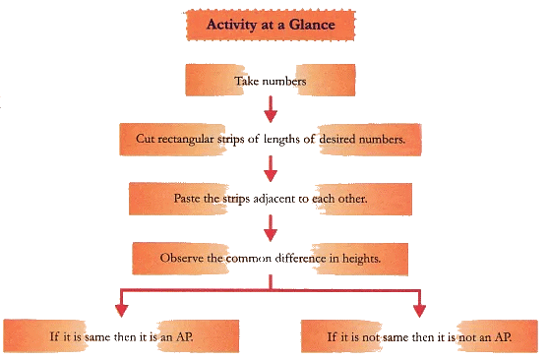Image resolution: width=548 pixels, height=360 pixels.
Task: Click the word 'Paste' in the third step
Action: pyautogui.click(x=192, y=198)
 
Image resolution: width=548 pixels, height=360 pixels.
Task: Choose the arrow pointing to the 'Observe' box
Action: pyautogui.click(x=269, y=228)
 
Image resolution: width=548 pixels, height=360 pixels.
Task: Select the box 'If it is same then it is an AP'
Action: pyautogui.click(x=122, y=335)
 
